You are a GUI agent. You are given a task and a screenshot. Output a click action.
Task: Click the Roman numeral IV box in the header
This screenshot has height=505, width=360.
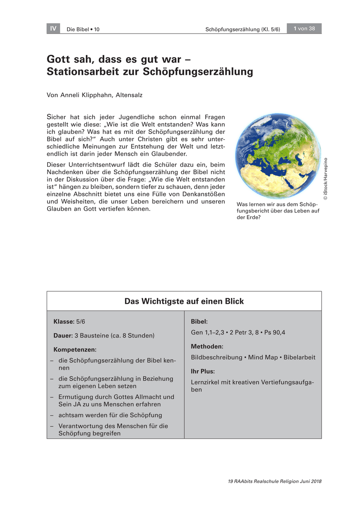[x=53, y=29]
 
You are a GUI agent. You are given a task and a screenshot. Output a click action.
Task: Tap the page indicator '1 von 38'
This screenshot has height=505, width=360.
[x=304, y=29]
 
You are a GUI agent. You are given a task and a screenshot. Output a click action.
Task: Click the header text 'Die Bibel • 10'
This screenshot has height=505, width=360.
[x=83, y=29]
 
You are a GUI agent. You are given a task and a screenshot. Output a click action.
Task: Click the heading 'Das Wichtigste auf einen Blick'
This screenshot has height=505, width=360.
[x=184, y=301]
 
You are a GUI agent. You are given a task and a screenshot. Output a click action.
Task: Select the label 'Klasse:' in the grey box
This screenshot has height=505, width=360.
[x=64, y=322]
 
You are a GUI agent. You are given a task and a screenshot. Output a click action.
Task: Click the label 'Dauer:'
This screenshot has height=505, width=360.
[x=63, y=335]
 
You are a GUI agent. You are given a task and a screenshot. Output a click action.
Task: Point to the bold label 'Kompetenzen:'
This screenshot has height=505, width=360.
[x=75, y=349]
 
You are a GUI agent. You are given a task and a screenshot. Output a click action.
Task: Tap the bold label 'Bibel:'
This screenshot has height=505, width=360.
[x=199, y=322]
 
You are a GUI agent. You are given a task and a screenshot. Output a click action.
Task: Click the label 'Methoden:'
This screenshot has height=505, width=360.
[x=207, y=346]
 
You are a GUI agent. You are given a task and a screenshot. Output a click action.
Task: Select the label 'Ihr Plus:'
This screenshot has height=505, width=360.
[x=203, y=371]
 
